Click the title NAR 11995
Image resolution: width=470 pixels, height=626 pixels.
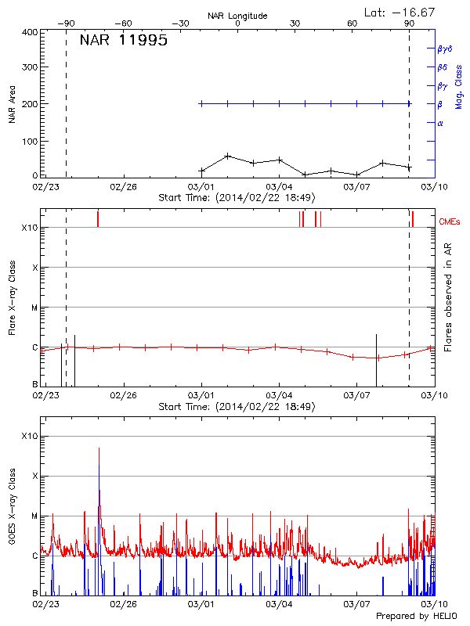click(x=124, y=41)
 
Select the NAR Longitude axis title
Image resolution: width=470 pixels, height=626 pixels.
click(x=237, y=15)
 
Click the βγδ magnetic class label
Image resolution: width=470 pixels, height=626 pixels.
click(x=444, y=49)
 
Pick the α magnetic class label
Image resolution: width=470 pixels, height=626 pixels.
click(x=440, y=123)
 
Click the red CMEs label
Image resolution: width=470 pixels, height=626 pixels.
click(x=450, y=222)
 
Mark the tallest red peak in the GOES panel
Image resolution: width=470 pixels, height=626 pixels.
click(x=99, y=448)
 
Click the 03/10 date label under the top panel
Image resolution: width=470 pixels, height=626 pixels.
click(x=433, y=186)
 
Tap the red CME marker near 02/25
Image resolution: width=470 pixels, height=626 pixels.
click(x=98, y=218)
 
